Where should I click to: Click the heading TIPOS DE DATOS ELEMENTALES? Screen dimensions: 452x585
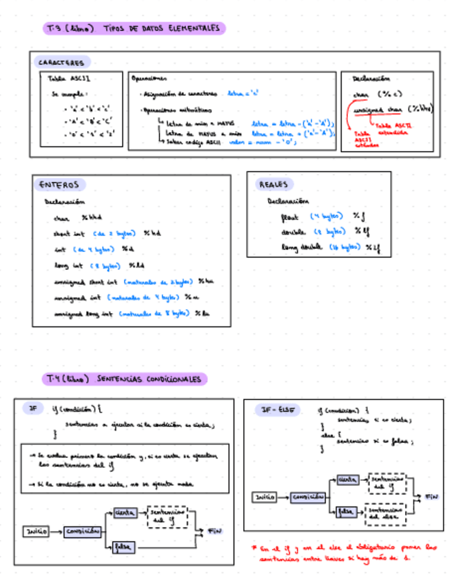(163, 28)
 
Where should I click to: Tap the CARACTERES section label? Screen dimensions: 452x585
(61, 63)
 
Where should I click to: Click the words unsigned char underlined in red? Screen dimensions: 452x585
(378, 109)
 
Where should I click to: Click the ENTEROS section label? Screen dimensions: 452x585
(59, 185)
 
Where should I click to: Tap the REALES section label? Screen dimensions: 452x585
(274, 185)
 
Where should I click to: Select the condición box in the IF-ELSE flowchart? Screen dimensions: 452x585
(307, 497)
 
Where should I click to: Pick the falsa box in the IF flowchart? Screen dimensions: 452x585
(125, 546)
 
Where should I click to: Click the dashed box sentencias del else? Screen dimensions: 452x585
(384, 514)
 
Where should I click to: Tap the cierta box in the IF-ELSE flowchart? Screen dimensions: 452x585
(347, 479)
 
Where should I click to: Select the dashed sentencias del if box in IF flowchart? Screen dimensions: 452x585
(167, 517)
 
